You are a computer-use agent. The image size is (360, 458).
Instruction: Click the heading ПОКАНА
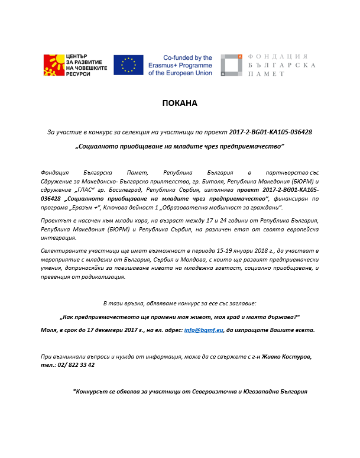pyautogui.click(x=180, y=103)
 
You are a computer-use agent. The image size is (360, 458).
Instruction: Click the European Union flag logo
pyautogui.click(x=128, y=65)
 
